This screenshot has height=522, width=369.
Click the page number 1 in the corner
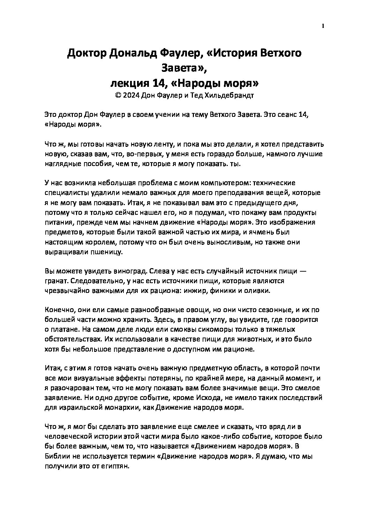point(323,26)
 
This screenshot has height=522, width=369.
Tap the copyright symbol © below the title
point(117,96)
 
